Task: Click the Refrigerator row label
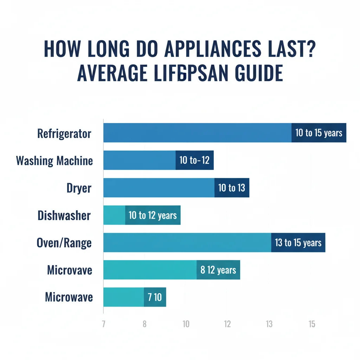tap(64, 134)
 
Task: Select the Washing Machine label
tap(54, 161)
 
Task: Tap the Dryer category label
tap(79, 188)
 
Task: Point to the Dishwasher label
tap(64, 216)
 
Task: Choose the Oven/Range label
tap(64, 243)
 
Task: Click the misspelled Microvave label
tap(70, 270)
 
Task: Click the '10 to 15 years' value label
tap(319, 133)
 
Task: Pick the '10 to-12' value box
tap(194, 160)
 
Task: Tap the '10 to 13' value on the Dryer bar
tap(232, 188)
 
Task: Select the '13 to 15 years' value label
tap(298, 243)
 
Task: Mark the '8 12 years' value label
tap(218, 270)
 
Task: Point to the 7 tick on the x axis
tap(103, 324)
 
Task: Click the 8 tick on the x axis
tap(144, 324)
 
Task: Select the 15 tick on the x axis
tap(311, 324)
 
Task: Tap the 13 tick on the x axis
tap(269, 324)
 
